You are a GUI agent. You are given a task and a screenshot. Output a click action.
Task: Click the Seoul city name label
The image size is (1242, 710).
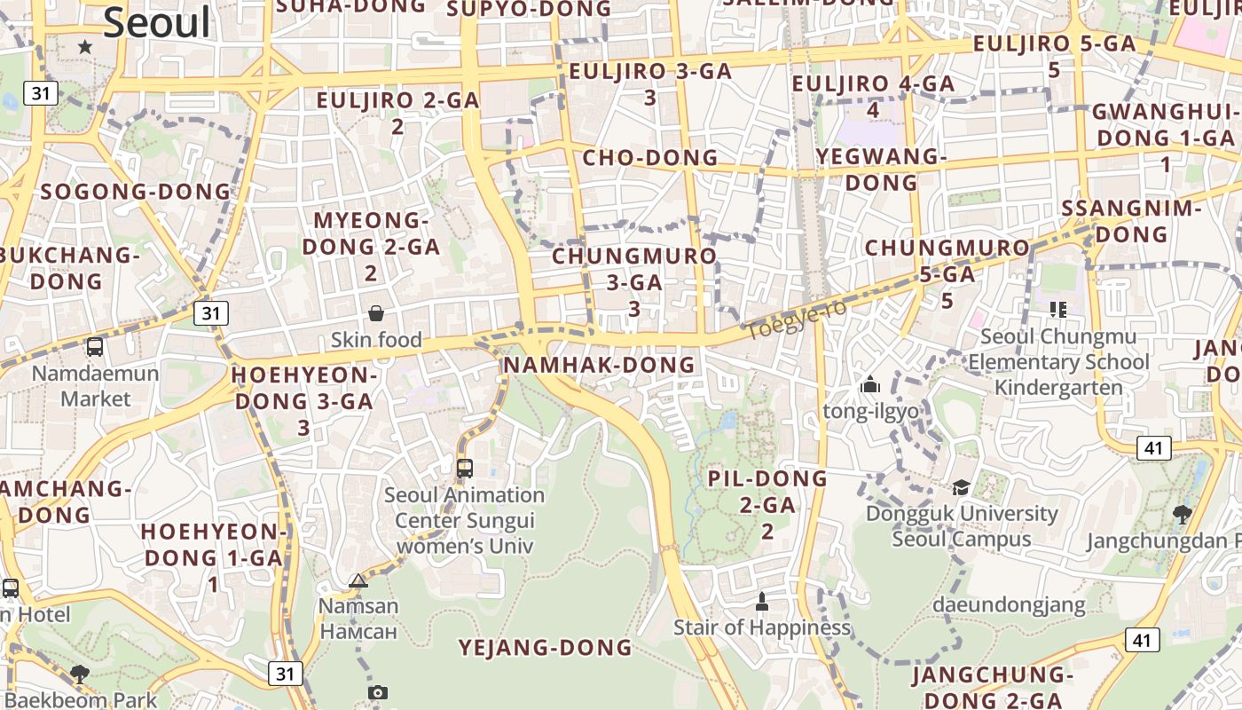pos(158,22)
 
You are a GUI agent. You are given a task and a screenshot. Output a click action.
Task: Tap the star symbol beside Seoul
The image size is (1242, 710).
pos(85,46)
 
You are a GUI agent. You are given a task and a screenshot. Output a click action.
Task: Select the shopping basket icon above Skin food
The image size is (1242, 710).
pos(376,313)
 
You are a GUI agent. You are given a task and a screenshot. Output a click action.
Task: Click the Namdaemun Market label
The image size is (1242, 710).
pos(95,386)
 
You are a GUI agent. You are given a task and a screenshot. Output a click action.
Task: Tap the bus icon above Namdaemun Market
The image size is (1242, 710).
pos(95,347)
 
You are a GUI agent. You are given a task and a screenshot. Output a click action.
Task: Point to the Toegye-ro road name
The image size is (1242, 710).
pos(797,319)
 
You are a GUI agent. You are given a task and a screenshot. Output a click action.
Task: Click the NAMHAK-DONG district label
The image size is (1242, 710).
pos(599,365)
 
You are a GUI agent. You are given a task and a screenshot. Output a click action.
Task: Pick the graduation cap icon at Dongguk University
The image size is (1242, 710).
pos(961,487)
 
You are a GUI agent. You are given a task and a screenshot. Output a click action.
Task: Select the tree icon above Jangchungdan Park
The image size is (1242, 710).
pos(1182,514)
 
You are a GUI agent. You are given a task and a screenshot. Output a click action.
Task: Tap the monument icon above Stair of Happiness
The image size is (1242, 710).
pos(761,602)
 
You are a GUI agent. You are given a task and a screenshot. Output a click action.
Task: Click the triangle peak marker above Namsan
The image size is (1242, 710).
pos(358,581)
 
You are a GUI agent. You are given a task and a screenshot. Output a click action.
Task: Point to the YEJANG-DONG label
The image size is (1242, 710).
pos(545,648)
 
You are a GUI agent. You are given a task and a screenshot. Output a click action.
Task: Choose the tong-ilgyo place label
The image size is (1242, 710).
pos(870,412)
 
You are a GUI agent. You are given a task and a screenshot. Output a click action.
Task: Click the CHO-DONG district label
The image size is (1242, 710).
pos(649,158)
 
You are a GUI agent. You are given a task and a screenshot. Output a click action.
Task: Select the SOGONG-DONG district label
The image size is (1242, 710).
pos(135,192)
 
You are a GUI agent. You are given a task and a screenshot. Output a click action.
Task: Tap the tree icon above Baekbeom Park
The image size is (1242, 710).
pos(80,674)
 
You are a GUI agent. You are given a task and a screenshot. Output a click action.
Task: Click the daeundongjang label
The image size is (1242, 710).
pos(1009,605)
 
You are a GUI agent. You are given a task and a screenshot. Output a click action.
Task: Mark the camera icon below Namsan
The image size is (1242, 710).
pos(378,692)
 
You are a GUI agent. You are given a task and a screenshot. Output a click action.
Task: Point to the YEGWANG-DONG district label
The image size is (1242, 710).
pos(881,170)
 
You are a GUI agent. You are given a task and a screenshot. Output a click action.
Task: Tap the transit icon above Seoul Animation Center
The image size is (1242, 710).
pos(464,468)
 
